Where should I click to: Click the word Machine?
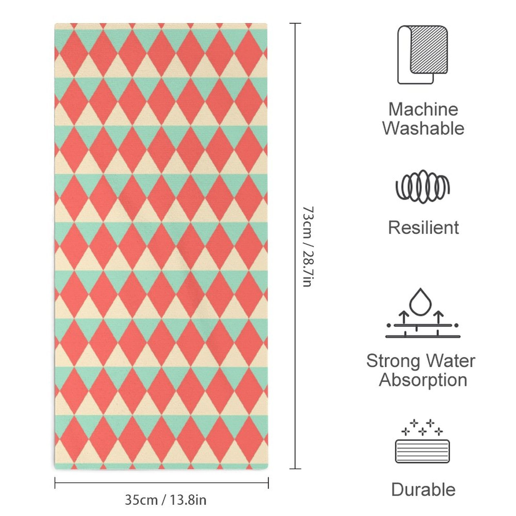(x=423, y=109)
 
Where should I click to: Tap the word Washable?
(x=423, y=128)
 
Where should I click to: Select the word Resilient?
(x=423, y=228)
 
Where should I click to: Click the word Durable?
(x=423, y=490)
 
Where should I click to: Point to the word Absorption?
(x=423, y=380)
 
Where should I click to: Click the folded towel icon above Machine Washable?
(x=422, y=55)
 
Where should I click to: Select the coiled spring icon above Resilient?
(x=422, y=187)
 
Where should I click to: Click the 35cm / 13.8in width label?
(x=165, y=500)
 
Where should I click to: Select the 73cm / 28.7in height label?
(x=308, y=247)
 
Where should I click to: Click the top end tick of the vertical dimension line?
(x=295, y=23)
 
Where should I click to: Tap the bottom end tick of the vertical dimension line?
(x=295, y=469)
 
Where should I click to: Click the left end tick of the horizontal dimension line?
(x=55, y=483)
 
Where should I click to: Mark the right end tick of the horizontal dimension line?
(x=268, y=483)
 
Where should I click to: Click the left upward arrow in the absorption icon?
(x=403, y=317)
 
